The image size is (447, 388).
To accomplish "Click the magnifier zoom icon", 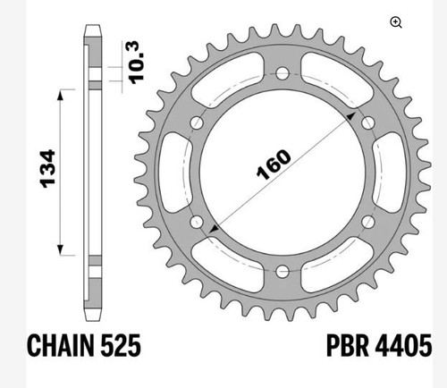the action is (x=396, y=22).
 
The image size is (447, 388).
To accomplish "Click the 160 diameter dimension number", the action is (x=274, y=164).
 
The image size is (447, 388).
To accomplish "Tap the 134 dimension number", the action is (x=47, y=169).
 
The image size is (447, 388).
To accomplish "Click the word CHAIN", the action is (x=61, y=345).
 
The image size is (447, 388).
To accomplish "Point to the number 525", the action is (x=121, y=345).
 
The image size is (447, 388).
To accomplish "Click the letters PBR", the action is (x=348, y=345).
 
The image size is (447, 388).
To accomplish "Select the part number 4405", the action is (x=403, y=345).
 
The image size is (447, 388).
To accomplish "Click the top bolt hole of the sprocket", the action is (x=283, y=73).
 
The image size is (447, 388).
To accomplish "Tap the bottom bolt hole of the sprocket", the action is (x=283, y=272).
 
